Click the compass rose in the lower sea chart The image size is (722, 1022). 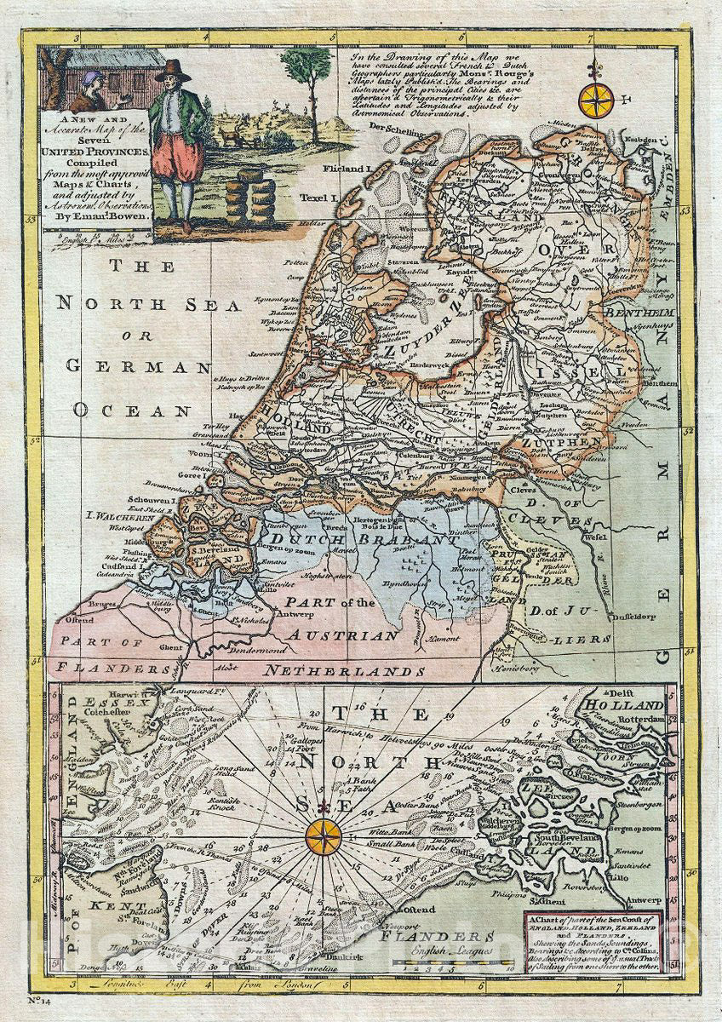click(324, 835)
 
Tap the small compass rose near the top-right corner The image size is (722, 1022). click(595, 100)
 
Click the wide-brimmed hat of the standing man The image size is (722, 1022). click(173, 70)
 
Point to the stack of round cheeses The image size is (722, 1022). click(249, 195)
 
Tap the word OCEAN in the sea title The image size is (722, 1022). click(132, 410)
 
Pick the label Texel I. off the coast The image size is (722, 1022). click(319, 198)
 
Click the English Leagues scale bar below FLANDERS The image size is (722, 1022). click(456, 965)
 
